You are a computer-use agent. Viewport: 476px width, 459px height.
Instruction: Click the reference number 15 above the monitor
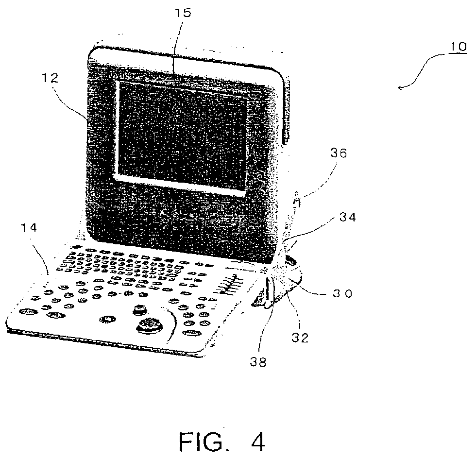183,13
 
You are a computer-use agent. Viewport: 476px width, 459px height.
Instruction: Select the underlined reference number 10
456,47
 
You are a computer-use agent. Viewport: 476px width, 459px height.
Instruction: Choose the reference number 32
301,338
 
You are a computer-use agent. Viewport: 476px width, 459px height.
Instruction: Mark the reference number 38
259,362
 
